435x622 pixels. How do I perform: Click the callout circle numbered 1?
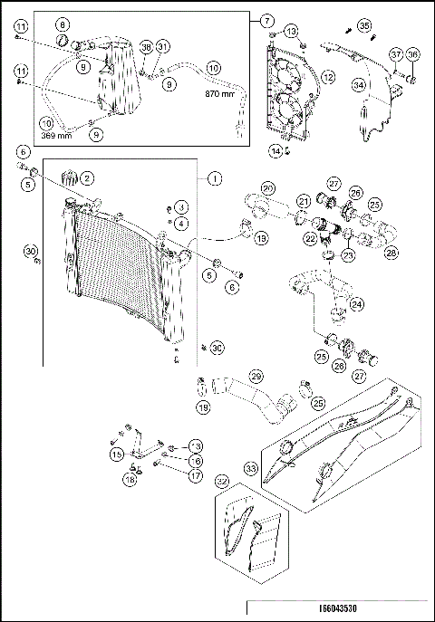(215, 179)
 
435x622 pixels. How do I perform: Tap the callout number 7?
(266, 20)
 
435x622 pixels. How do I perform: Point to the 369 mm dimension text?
(58, 135)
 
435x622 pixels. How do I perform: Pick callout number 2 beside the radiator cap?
(89, 177)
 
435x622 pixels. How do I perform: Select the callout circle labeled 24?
(358, 305)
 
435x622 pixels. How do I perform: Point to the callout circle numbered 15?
(116, 453)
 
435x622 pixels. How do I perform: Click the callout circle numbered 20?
(267, 188)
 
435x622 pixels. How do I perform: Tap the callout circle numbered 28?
(391, 253)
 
